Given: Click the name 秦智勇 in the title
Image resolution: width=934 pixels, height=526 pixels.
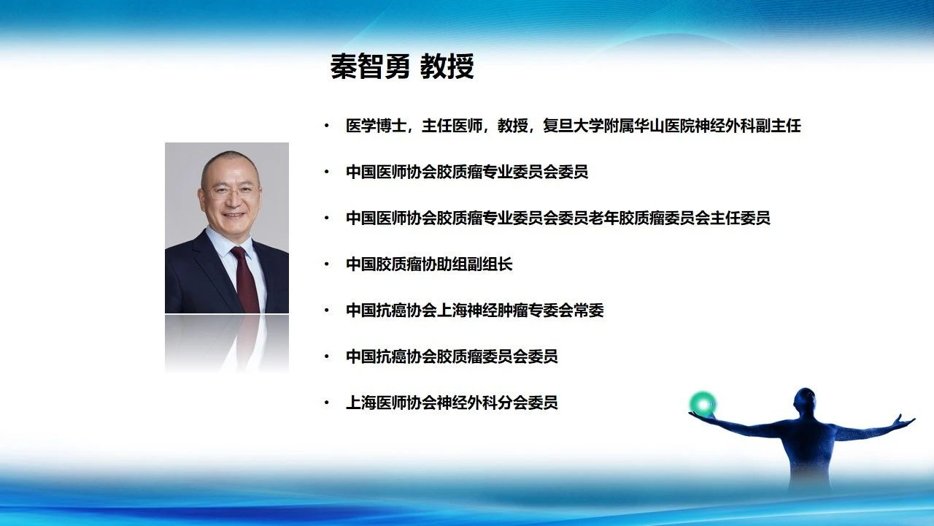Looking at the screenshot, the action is tap(370, 66).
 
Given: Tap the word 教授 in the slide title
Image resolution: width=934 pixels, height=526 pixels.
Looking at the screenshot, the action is tap(447, 66).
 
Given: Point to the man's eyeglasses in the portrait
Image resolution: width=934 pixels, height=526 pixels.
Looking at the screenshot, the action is tap(231, 191).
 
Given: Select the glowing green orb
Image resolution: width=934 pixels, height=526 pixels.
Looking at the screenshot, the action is tap(703, 404).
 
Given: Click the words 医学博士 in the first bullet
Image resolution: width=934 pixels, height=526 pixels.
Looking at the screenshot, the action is tap(376, 126).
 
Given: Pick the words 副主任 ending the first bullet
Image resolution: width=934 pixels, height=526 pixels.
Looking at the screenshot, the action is tap(778, 126).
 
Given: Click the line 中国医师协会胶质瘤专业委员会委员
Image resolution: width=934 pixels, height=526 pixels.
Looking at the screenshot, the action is tap(467, 172).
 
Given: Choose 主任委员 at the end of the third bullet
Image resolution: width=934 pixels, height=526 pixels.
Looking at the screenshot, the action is tap(740, 218).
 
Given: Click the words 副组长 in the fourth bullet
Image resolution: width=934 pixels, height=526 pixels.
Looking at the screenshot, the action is tap(490, 264).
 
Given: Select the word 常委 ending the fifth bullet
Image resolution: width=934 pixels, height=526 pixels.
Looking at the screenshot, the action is tap(589, 310).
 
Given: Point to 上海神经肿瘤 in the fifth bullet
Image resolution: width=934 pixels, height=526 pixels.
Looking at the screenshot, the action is tap(482, 310).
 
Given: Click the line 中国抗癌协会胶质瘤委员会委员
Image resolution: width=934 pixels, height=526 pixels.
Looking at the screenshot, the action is tap(452, 357).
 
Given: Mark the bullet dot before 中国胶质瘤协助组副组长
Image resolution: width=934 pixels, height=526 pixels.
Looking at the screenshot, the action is tap(326, 264).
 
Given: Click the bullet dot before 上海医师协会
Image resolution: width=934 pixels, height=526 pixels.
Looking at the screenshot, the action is tap(326, 403).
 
